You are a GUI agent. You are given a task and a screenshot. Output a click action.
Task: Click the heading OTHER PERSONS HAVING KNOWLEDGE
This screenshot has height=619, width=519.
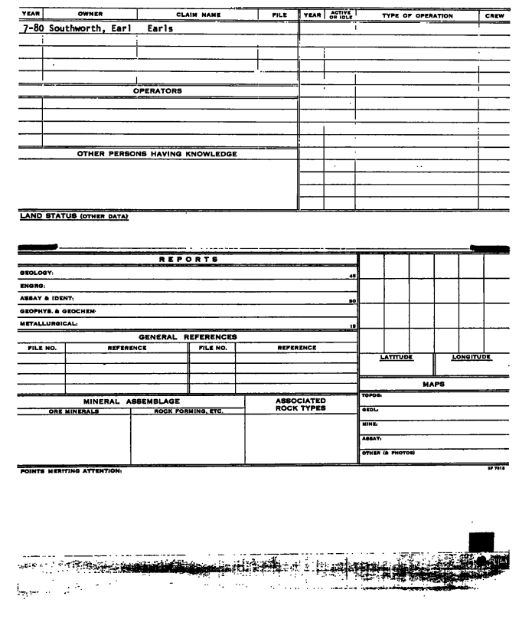pyautogui.click(x=157, y=154)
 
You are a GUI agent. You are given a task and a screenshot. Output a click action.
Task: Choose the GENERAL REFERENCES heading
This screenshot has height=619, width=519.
pyautogui.click(x=187, y=336)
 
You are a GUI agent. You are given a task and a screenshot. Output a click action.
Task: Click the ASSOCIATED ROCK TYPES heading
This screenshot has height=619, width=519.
pyautogui.click(x=301, y=404)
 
